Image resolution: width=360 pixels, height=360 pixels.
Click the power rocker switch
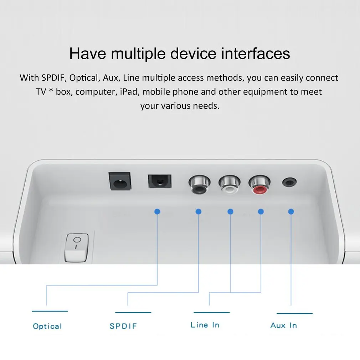(76, 247)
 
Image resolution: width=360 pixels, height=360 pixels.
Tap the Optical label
(47, 326)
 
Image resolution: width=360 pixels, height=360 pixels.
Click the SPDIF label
(123, 326)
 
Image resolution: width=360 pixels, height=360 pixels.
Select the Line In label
(205, 325)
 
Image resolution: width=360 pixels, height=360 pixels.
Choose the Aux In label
(284, 325)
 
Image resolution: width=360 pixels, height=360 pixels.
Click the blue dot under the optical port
(157, 212)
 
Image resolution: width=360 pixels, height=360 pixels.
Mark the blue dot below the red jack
(261, 212)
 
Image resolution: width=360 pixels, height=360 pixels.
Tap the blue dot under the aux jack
(291, 212)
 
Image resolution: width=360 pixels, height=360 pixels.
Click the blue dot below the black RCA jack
(199, 212)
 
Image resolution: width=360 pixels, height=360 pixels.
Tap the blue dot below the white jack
(231, 212)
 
